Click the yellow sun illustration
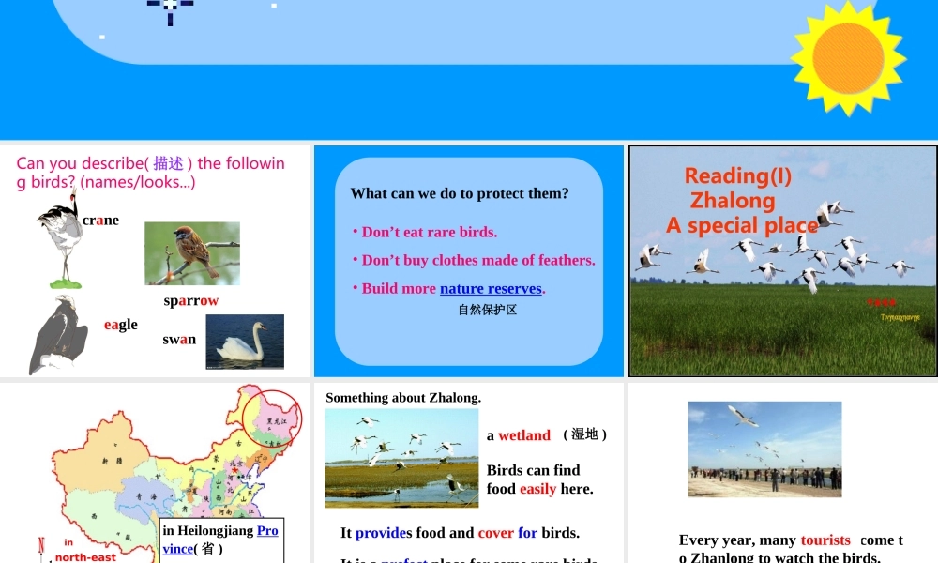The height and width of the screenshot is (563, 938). (848, 58)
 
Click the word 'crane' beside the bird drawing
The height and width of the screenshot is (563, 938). (100, 221)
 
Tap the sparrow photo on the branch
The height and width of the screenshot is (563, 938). (191, 252)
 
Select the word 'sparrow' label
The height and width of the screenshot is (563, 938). (190, 300)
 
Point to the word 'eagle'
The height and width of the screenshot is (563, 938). (120, 325)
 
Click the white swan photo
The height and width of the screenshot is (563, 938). (244, 342)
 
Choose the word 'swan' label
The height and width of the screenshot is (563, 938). (179, 340)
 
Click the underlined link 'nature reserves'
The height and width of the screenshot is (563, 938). (491, 289)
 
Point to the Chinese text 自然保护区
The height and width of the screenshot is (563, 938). (487, 310)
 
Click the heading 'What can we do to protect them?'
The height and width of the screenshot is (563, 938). (460, 194)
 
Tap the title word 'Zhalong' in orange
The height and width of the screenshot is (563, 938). (733, 201)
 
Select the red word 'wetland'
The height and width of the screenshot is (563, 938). (524, 435)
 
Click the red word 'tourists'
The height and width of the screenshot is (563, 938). (825, 540)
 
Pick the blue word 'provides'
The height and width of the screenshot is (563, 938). (384, 533)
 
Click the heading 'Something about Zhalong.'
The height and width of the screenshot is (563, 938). (403, 398)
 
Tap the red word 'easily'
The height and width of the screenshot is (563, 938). (537, 489)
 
